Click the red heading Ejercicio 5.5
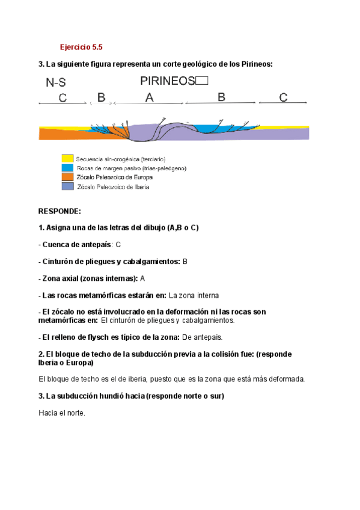coord(81,46)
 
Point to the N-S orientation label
coord(56,83)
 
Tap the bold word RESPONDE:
coord(59,212)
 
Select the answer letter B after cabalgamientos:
coord(185,262)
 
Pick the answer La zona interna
coord(194,295)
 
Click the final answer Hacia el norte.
coord(62,413)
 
